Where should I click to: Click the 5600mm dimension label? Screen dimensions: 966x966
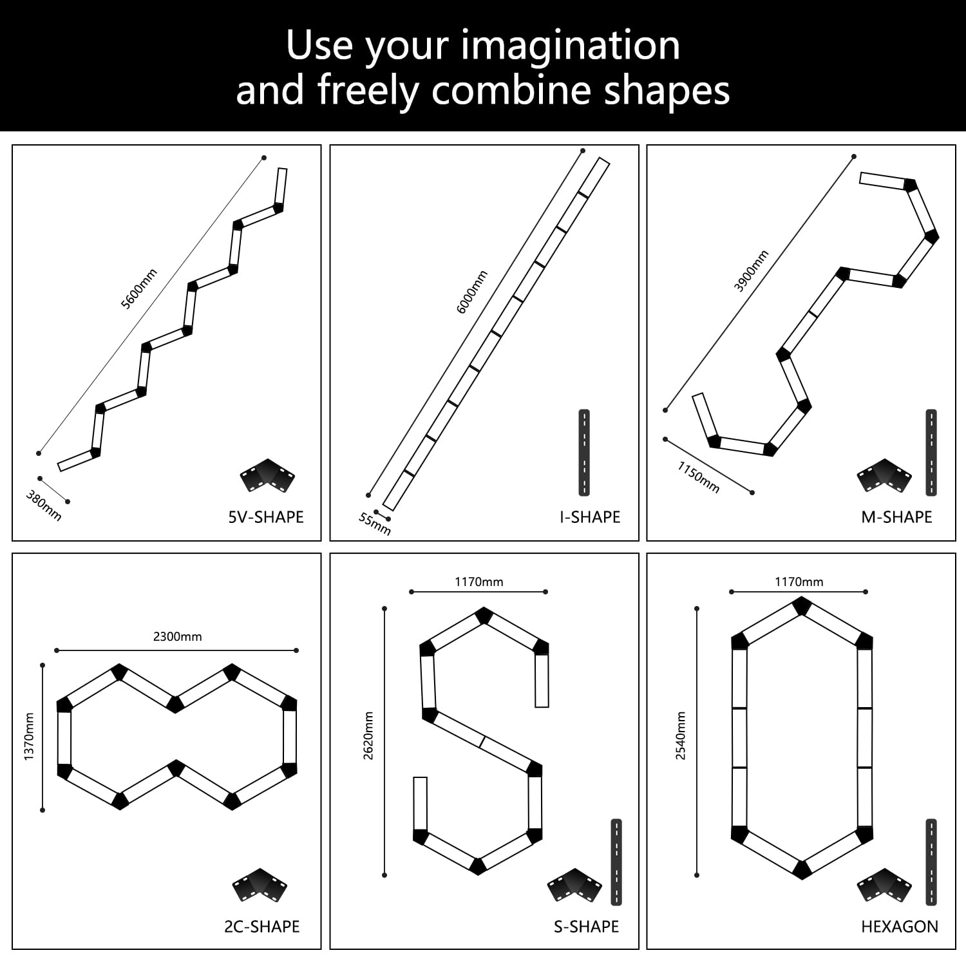[x=140, y=289]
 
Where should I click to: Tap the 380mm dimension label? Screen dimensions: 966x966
[x=44, y=506]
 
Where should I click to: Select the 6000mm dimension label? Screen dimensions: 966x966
[x=472, y=292]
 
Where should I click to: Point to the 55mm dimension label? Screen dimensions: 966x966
[x=374, y=524]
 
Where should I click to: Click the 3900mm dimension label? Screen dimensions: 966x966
[x=752, y=271]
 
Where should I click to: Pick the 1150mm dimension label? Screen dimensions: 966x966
[x=698, y=477]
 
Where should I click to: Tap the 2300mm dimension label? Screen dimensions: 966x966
[x=178, y=636]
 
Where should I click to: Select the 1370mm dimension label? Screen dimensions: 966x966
[x=29, y=737]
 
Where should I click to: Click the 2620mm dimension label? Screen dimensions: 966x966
[x=368, y=735]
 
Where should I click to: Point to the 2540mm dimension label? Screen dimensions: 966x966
[x=681, y=735]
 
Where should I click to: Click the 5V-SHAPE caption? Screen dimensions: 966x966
[x=266, y=517]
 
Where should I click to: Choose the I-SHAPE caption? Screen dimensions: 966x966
[x=590, y=517]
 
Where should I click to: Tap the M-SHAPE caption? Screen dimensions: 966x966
[x=896, y=517]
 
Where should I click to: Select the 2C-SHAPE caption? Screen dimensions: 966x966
[x=262, y=927]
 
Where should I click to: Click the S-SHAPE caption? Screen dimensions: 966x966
[x=586, y=927]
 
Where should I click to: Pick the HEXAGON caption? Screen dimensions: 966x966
[x=900, y=927]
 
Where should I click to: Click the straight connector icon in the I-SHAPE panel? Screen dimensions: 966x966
[x=584, y=453]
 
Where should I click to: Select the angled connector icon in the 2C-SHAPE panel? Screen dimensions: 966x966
[x=260, y=885]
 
